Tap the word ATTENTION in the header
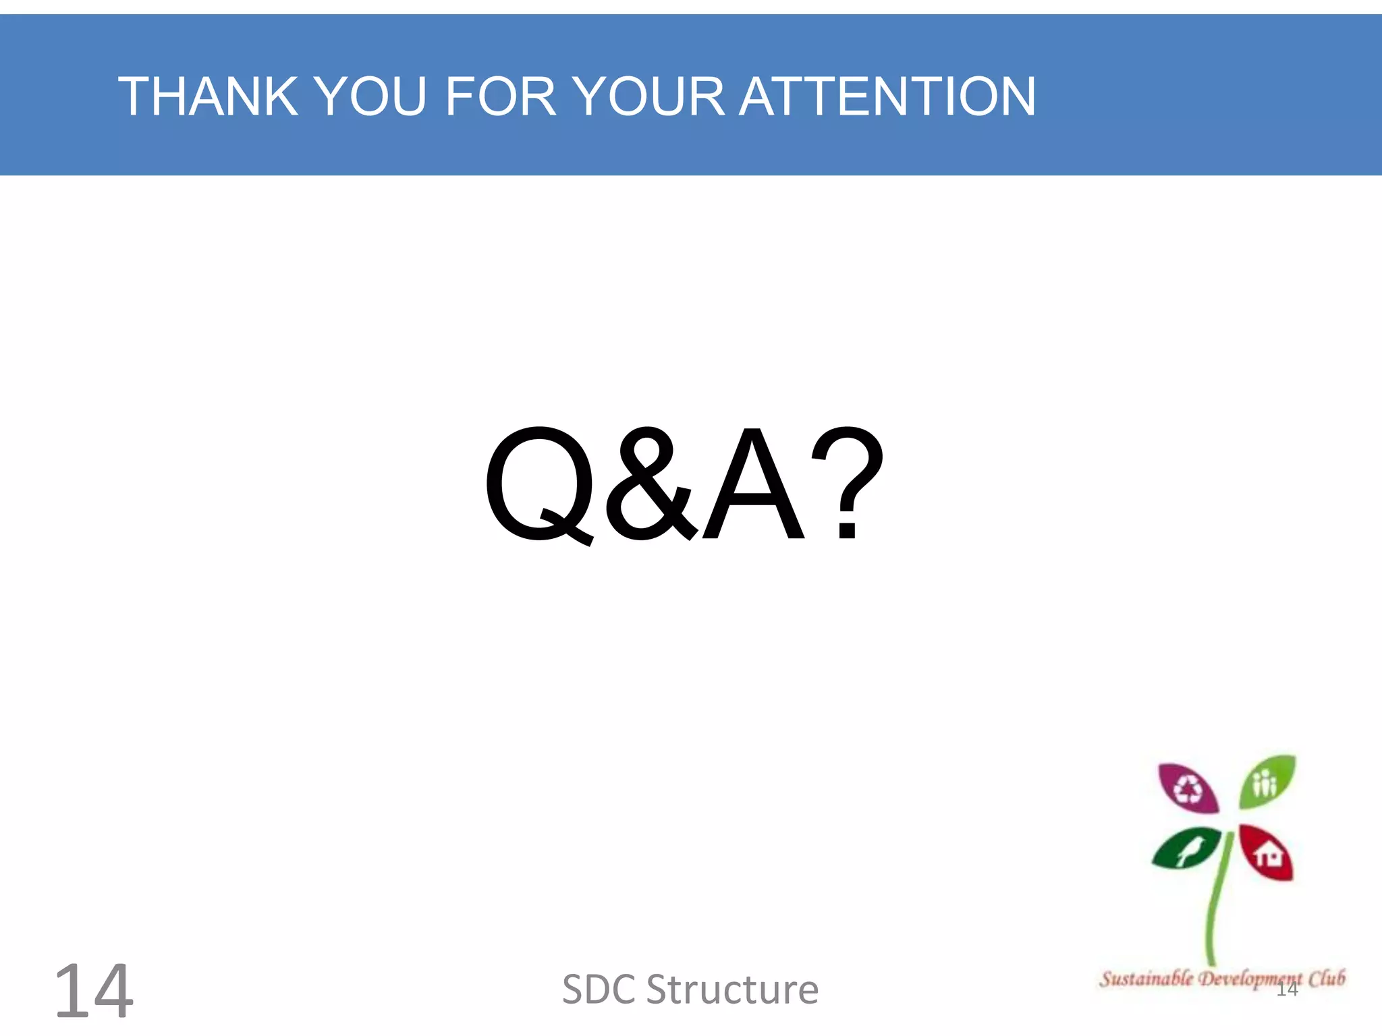[887, 96]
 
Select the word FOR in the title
[499, 96]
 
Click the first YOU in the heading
[370, 96]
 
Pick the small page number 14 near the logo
[1287, 989]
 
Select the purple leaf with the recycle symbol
[1188, 788]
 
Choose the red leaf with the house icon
[1267, 854]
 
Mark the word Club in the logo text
[1327, 978]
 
